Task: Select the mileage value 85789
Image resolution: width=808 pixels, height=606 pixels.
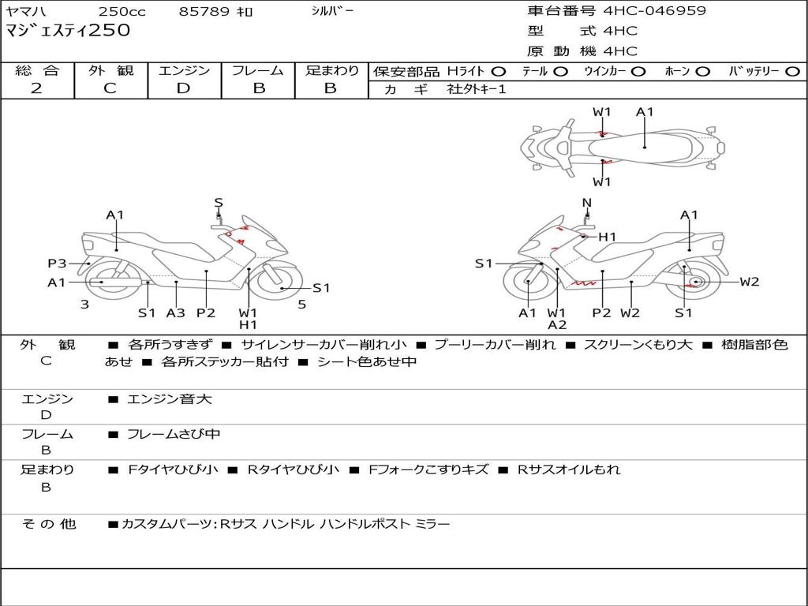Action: [x=204, y=12]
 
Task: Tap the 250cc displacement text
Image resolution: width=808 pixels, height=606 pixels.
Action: [x=121, y=12]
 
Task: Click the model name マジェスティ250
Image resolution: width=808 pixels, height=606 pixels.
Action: [x=68, y=32]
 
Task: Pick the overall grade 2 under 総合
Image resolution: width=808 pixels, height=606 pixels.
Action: [x=36, y=88]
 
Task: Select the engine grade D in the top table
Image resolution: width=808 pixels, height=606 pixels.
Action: [x=183, y=88]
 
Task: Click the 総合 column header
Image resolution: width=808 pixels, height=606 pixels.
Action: [x=37, y=71]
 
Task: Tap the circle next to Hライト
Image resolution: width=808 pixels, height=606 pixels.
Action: [x=499, y=72]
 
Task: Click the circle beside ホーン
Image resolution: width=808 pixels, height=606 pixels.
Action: [x=702, y=72]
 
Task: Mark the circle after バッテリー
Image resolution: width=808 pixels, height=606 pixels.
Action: [x=792, y=72]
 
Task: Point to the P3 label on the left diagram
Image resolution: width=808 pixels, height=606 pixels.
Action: [x=57, y=264]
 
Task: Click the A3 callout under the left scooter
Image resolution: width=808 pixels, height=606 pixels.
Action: [x=175, y=312]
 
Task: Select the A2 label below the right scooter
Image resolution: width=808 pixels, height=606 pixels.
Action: [x=557, y=324]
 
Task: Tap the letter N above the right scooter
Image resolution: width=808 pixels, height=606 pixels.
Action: [x=586, y=203]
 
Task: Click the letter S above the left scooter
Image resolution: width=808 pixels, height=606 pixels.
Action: [x=219, y=203]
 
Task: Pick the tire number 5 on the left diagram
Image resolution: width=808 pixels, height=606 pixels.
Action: [x=301, y=304]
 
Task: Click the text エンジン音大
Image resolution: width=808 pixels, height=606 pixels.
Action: [x=169, y=399]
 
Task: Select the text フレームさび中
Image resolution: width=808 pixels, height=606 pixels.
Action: [x=174, y=434]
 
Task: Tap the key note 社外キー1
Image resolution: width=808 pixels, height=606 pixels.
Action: [x=477, y=89]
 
